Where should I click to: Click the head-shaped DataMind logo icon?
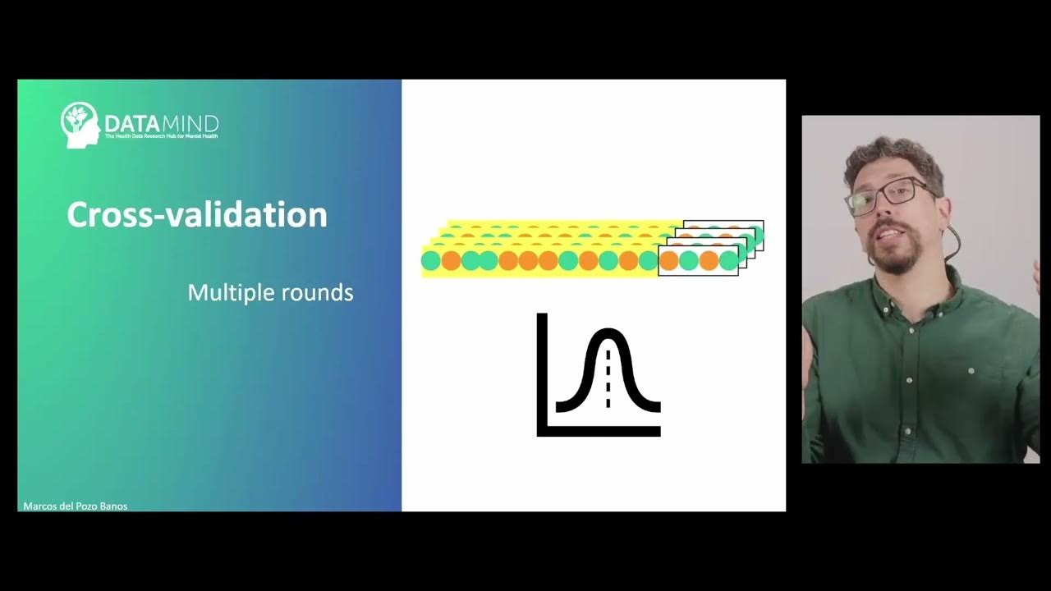(x=80, y=125)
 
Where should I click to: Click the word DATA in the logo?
(x=125, y=125)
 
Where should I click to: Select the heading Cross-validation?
(x=197, y=215)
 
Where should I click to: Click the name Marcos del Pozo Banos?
(x=76, y=506)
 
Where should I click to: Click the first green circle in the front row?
(x=431, y=261)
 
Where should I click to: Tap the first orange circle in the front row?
(x=451, y=261)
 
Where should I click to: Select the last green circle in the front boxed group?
(x=728, y=261)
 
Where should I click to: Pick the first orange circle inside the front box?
(x=669, y=261)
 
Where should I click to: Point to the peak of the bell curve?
(x=608, y=331)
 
